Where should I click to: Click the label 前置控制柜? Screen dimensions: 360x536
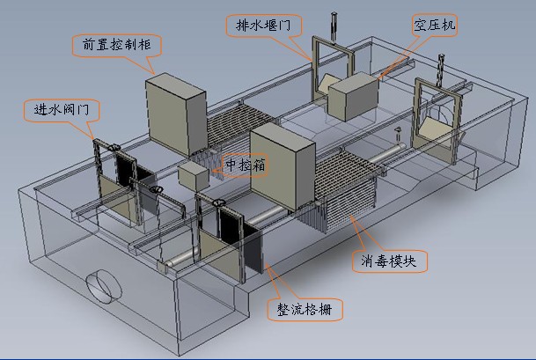click(x=112, y=42)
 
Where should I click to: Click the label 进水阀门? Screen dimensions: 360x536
click(x=62, y=110)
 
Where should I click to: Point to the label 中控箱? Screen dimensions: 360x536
click(x=246, y=165)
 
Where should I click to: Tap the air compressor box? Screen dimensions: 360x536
click(x=352, y=96)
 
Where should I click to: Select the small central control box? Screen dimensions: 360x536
click(x=193, y=173)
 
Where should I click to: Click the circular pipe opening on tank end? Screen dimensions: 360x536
click(x=103, y=286)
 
